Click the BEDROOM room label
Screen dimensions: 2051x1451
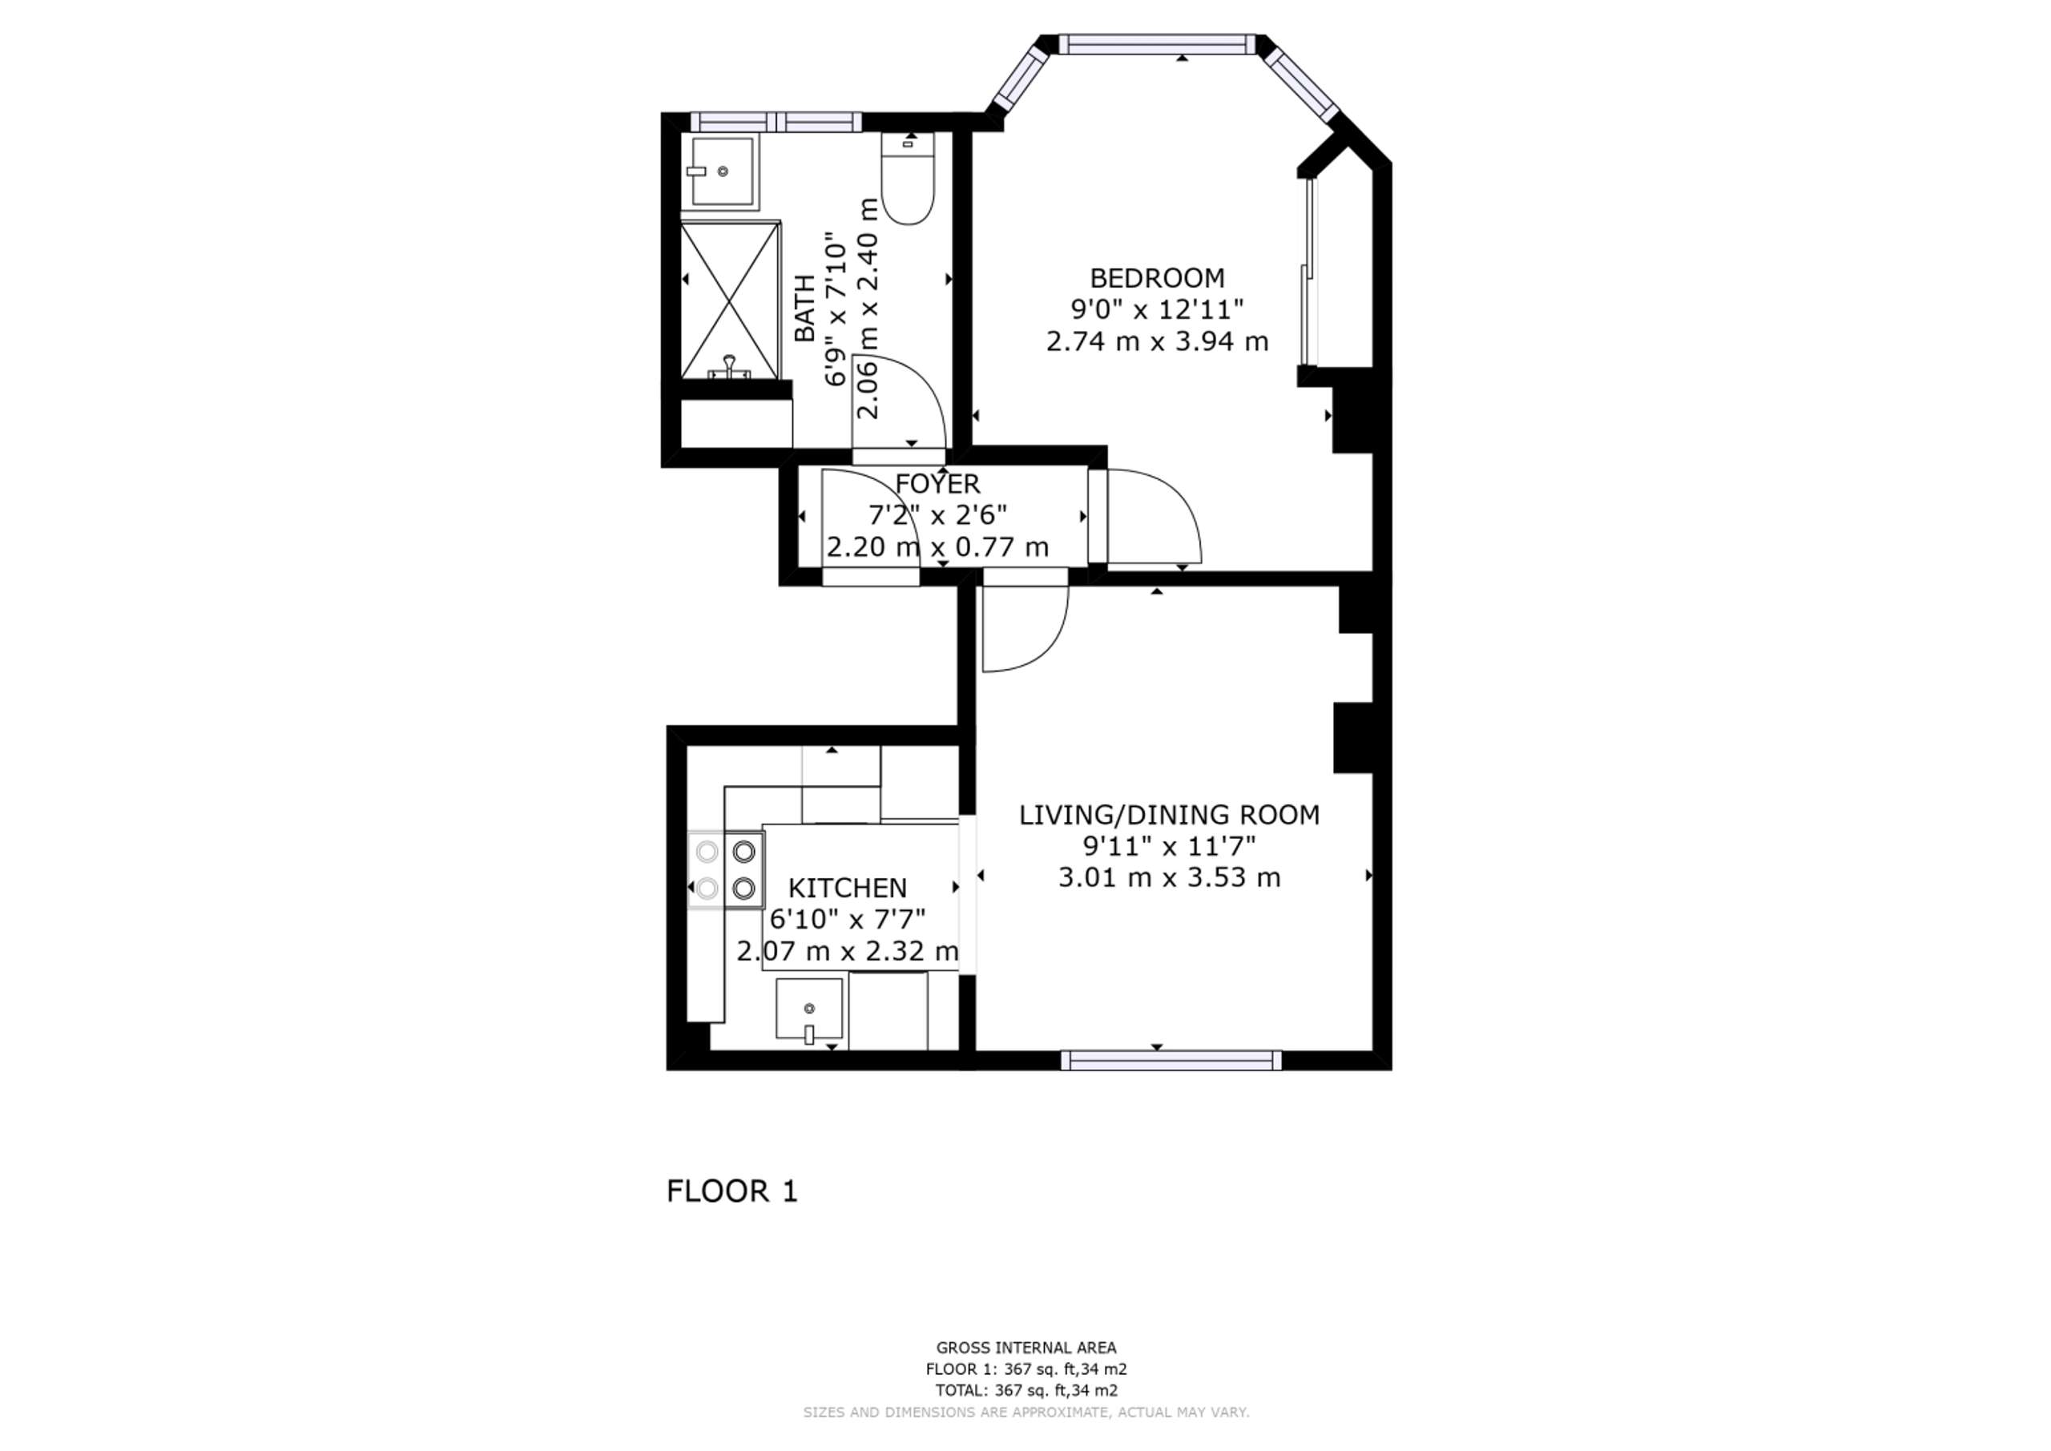1157,278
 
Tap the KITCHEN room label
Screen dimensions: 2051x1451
847,888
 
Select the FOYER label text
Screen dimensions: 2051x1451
937,484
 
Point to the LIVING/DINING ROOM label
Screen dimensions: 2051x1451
1170,815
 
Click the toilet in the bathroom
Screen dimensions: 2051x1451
908,178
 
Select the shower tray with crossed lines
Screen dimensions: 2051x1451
731,301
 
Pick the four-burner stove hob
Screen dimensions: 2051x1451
725,869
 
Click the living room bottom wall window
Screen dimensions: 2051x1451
1171,1060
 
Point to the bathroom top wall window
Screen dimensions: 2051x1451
776,122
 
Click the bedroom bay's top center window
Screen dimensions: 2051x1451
1158,44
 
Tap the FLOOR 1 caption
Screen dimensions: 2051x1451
731,1191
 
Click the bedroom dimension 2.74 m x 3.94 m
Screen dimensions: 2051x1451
1157,341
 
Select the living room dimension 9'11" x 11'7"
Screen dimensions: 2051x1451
1170,845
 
